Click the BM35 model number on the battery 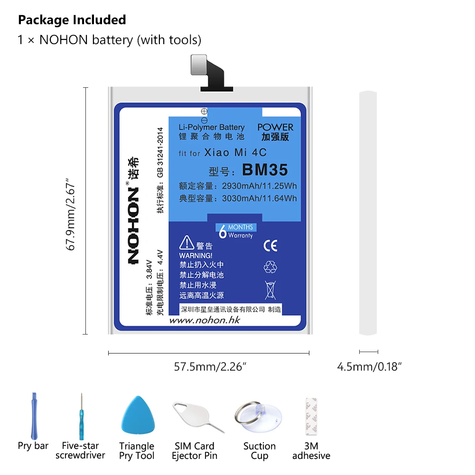pos(265,169)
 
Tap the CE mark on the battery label pos(270,245)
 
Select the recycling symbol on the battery pos(270,267)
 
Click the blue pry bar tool pos(34,415)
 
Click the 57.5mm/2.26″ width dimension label pos(209,366)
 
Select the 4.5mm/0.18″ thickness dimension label pos(369,366)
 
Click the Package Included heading pos(72,20)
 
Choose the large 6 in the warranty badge pos(222,232)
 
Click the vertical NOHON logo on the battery pos(133,224)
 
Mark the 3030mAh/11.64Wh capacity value pos(259,198)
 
